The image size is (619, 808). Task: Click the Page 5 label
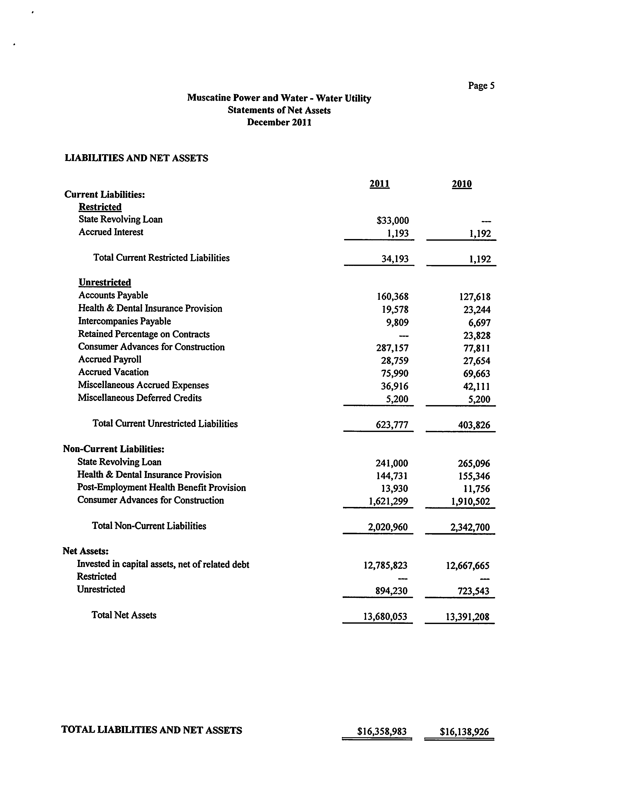click(481, 86)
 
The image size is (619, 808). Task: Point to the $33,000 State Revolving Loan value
click(393, 221)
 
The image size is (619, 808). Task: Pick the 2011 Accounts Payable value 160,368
click(393, 297)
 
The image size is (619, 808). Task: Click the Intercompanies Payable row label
click(125, 321)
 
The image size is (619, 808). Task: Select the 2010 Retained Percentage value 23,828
click(477, 335)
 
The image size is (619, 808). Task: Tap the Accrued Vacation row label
click(113, 372)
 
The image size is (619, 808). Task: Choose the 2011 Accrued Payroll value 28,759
click(395, 361)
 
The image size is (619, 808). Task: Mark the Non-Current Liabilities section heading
click(113, 449)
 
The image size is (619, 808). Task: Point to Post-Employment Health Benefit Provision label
click(161, 488)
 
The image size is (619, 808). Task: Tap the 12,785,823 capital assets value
click(385, 565)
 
